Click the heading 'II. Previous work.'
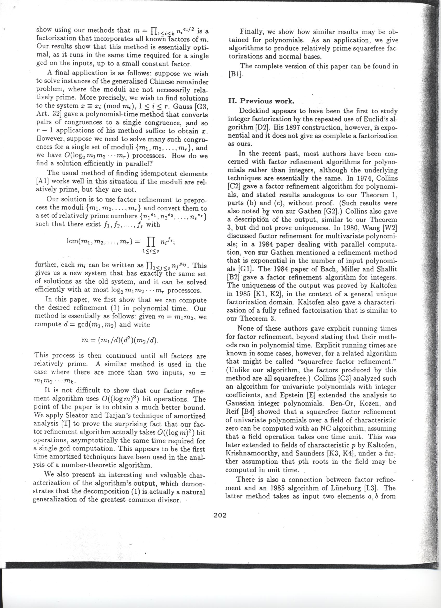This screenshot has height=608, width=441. coord(261,101)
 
